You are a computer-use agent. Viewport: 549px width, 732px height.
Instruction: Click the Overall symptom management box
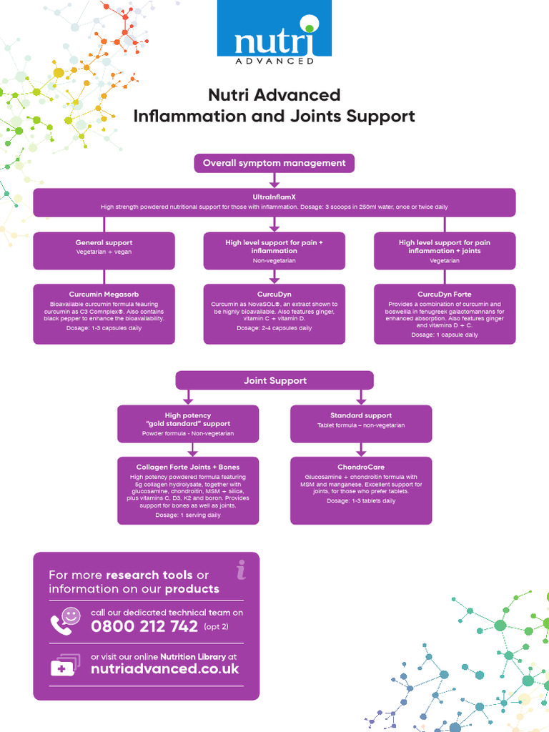tap(274, 163)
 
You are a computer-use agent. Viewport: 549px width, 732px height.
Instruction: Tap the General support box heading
tap(104, 242)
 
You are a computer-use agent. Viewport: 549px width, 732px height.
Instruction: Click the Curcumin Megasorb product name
tap(104, 294)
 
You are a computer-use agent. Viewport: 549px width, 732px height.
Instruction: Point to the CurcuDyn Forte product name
tap(445, 294)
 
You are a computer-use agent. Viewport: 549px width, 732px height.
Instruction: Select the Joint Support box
tap(274, 380)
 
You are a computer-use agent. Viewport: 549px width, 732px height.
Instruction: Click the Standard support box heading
tap(361, 415)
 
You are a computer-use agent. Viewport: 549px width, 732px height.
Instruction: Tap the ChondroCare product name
tap(361, 467)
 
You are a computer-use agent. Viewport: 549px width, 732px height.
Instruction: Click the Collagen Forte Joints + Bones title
tap(188, 467)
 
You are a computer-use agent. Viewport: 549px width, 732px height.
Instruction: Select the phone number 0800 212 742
tap(144, 627)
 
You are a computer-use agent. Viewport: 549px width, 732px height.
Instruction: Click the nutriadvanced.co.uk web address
tap(165, 669)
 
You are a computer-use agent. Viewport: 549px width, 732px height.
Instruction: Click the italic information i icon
tap(241, 570)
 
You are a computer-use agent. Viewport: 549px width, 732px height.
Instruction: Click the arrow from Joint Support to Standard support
tap(361, 397)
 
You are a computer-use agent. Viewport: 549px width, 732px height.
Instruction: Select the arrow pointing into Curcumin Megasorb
tap(104, 277)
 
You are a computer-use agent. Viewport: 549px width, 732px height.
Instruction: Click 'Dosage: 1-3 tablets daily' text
tap(361, 501)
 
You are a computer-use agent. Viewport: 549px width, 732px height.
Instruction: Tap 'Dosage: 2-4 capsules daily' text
tap(274, 328)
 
